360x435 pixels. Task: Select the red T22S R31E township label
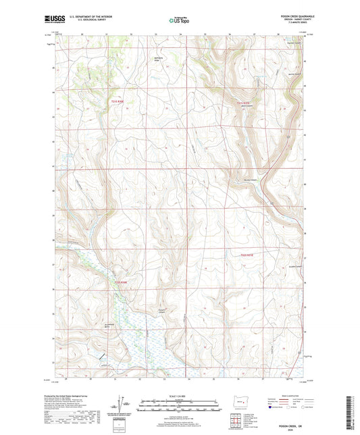tap(248, 254)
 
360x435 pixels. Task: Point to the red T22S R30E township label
tap(120, 281)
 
